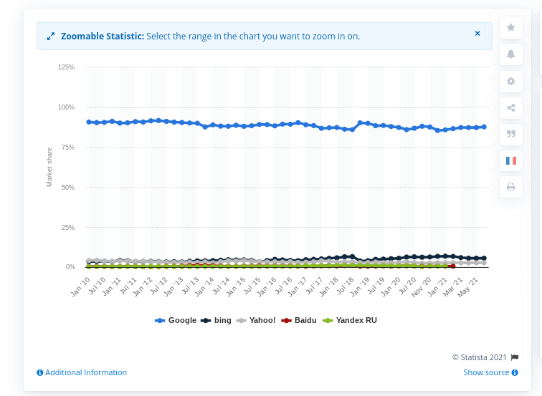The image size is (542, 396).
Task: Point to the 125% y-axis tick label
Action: click(x=66, y=67)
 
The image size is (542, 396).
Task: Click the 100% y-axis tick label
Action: click(x=66, y=107)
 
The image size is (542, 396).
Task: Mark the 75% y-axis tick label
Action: click(x=67, y=147)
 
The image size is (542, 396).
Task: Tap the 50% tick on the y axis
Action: click(x=67, y=187)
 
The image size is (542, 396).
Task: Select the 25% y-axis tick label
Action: click(x=67, y=227)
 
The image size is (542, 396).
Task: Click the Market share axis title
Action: click(x=49, y=167)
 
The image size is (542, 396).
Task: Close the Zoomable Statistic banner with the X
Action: click(x=477, y=34)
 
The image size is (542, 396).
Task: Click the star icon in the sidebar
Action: click(x=511, y=27)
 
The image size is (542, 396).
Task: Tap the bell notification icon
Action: click(x=511, y=54)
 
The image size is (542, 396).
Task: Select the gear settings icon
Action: click(x=511, y=81)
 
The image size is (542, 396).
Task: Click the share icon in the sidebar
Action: click(x=511, y=108)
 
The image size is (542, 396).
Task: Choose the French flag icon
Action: click(x=511, y=160)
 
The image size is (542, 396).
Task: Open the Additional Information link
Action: click(x=82, y=372)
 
